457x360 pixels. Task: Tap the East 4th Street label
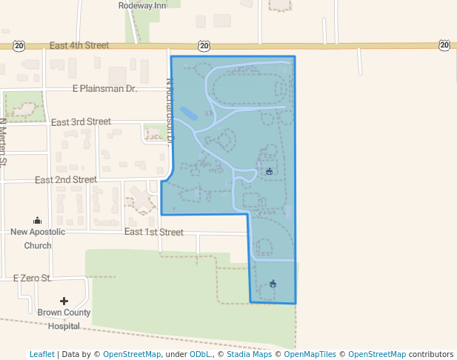coord(79,46)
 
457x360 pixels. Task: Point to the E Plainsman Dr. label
coord(105,89)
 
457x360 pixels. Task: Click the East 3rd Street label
coord(81,121)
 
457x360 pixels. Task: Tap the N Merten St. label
coord(3,141)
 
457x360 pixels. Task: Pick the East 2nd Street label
coord(66,179)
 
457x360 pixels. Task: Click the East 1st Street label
coord(153,232)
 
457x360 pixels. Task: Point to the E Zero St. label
coord(32,279)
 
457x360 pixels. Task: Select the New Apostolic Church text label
coord(38,239)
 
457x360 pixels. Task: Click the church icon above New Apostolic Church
coord(38,220)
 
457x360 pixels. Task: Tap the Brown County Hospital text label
coord(64,319)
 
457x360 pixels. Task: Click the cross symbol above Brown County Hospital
coord(64,301)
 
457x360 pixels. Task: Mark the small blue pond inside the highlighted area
coord(189,114)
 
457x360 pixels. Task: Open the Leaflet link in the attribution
coord(41,354)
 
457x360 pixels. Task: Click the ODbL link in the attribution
coord(199,354)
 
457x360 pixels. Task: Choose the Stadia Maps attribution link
coord(247,354)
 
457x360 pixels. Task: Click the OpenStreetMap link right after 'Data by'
coord(132,354)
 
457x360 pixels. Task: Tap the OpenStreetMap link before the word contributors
coord(377,354)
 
